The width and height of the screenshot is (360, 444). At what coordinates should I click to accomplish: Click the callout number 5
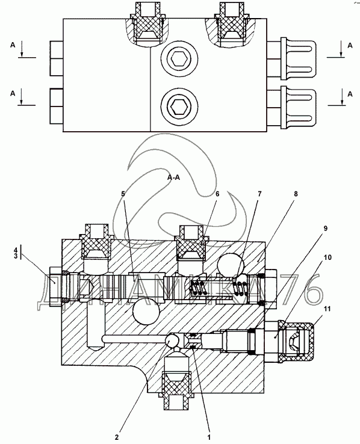123,194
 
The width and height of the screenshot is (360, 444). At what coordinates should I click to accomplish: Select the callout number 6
217,194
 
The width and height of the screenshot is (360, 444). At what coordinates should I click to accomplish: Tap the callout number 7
259,194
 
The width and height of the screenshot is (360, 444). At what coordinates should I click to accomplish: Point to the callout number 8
296,194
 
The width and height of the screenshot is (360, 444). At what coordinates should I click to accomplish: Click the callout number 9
326,228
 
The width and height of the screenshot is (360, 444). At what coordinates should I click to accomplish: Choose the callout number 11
327,309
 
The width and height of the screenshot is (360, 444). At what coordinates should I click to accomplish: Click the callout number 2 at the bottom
117,437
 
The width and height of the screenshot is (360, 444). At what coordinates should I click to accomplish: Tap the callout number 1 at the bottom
209,437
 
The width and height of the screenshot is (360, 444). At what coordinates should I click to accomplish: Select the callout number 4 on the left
16,250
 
